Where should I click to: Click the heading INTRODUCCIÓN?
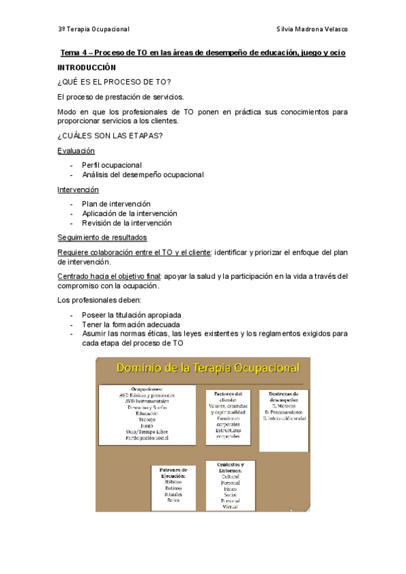[x=87, y=68]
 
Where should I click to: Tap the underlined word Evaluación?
[x=76, y=151]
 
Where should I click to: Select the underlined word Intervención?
[x=78, y=190]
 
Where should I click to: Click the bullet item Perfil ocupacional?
[x=112, y=165]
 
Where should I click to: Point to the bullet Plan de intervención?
[x=116, y=204]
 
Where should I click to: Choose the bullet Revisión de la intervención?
[x=127, y=223]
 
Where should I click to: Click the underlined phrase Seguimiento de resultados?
[x=102, y=238]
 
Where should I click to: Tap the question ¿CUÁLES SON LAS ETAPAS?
[x=110, y=136]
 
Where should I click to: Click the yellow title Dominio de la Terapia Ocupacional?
[x=208, y=368]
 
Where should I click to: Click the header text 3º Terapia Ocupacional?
[x=94, y=29]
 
